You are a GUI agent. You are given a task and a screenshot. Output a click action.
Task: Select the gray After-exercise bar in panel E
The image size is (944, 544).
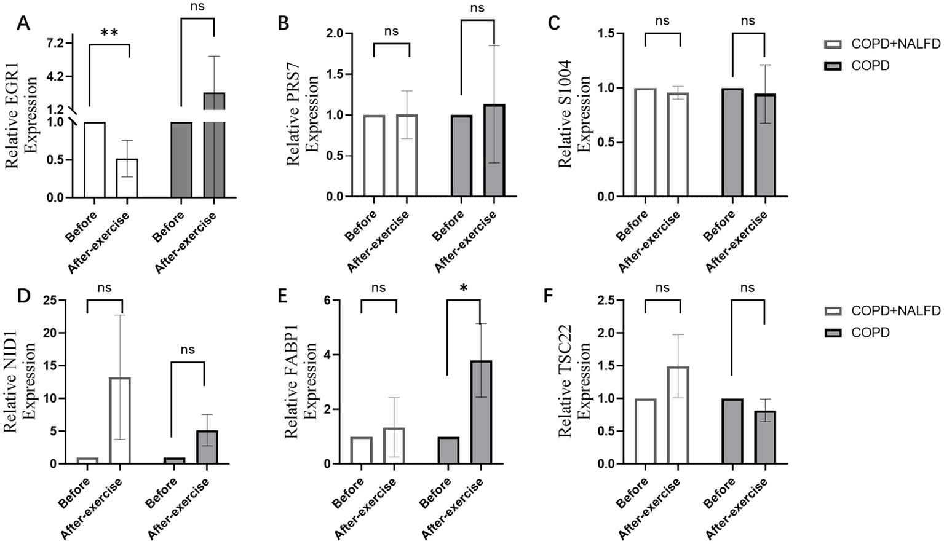(482, 412)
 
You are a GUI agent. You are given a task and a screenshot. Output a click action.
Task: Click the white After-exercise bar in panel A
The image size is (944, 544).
(127, 178)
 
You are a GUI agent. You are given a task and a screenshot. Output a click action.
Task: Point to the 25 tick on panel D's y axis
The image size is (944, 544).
(50, 300)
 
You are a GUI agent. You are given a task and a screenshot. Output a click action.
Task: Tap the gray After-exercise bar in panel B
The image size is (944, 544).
(494, 151)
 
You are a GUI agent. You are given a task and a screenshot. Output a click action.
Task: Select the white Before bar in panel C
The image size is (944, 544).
(645, 143)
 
